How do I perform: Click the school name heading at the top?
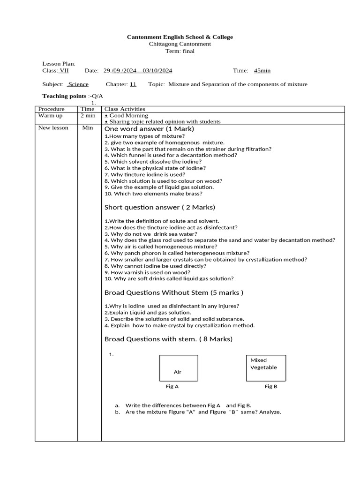180,37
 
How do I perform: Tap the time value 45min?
262,71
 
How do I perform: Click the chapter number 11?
133,84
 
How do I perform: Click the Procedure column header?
51,109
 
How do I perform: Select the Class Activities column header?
125,109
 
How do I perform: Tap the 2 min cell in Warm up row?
88,115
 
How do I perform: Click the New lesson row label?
53,127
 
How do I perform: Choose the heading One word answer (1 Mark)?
149,129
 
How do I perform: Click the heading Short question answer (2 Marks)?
159,207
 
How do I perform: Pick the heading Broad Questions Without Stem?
173,293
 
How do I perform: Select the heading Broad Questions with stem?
168,339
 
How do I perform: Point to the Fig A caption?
172,387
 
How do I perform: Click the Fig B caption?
271,387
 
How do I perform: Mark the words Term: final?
180,51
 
